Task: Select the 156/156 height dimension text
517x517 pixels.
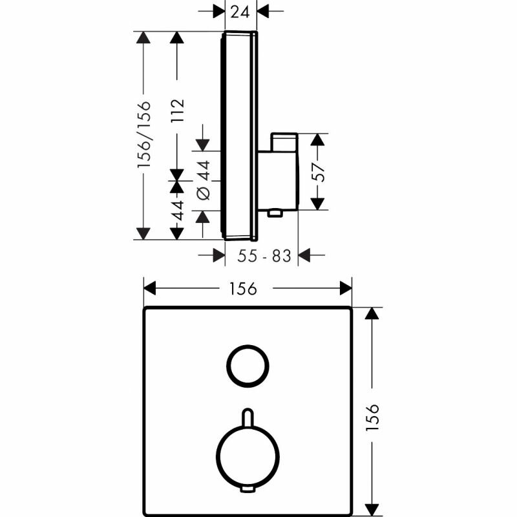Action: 145,135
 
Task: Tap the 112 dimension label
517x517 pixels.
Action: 178,110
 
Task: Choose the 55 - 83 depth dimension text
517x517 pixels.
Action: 264,257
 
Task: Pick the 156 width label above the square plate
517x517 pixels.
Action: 248,288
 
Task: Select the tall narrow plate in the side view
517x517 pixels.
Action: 240,135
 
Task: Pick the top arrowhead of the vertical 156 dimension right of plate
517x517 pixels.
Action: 371,314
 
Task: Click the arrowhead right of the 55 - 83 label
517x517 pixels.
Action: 304,257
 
